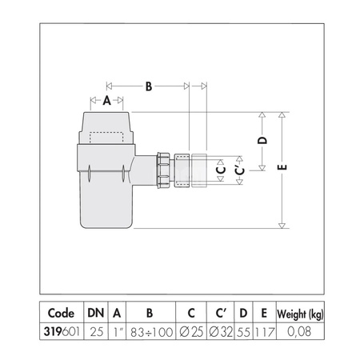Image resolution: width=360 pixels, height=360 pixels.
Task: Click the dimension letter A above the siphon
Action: pos(106,101)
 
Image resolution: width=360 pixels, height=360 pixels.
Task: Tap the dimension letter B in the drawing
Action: pos(149,86)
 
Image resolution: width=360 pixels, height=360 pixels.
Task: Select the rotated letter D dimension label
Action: pos(262,140)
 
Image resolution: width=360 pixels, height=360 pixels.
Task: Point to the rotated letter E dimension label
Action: pos(282,167)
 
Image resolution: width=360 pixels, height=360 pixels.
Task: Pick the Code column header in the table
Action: pos(61,313)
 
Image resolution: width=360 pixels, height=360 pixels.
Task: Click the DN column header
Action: pos(96,313)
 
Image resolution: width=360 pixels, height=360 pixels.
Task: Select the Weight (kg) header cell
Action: pos(300,314)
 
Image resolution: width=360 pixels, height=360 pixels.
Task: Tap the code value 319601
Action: pos(62,332)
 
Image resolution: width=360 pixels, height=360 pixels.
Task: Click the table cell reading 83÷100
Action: pos(151,332)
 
